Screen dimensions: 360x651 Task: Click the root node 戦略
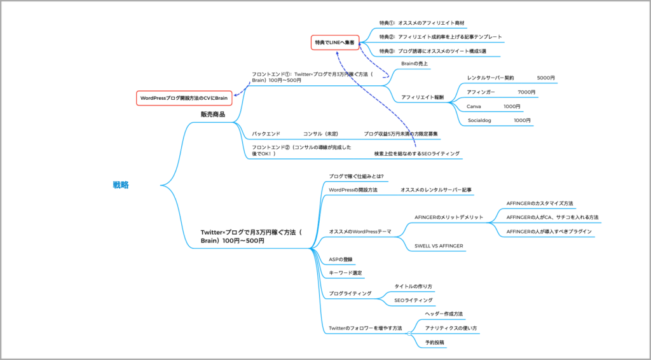click(121, 185)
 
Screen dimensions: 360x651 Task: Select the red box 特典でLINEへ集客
click(334, 43)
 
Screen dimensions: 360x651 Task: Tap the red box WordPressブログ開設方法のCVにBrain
click(184, 98)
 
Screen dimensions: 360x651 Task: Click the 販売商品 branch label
click(213, 114)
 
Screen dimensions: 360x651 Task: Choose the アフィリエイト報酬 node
click(423, 97)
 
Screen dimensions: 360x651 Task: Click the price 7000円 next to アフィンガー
click(526, 92)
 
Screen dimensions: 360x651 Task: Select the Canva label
click(474, 106)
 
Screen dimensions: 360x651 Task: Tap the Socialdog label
click(481, 120)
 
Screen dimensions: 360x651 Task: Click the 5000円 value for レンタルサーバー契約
click(545, 78)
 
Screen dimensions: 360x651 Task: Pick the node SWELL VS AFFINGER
click(439, 246)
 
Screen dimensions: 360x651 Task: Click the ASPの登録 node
click(341, 260)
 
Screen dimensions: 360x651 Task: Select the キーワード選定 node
click(345, 273)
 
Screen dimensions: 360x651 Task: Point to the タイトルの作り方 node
click(413, 287)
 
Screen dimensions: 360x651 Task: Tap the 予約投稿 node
click(435, 342)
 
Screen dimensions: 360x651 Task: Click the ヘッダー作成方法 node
click(444, 314)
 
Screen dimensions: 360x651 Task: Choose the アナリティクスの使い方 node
click(451, 328)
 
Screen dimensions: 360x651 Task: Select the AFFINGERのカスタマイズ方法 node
click(540, 204)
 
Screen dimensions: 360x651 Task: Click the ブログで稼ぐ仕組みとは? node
click(356, 176)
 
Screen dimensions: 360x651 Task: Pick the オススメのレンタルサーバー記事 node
click(436, 190)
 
